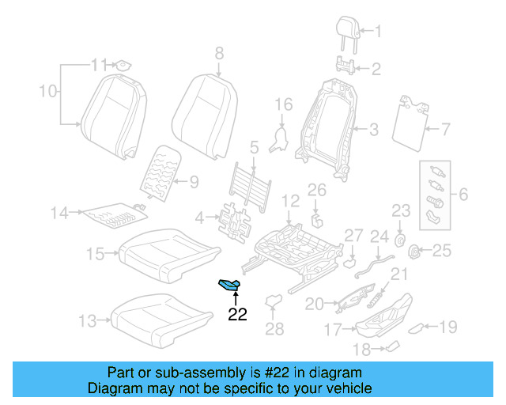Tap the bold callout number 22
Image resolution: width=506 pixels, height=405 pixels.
coord(237,314)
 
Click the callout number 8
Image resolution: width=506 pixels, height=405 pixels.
coord(219,54)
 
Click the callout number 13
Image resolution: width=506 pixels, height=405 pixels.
coord(89,321)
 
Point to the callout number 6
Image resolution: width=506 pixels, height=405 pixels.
coord(463,193)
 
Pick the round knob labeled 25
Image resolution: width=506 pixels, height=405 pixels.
coord(412,252)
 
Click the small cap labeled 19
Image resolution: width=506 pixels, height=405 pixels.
coord(427,327)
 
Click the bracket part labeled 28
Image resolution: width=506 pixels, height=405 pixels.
coord(274,301)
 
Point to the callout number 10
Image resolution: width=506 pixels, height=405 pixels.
coord(47,91)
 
